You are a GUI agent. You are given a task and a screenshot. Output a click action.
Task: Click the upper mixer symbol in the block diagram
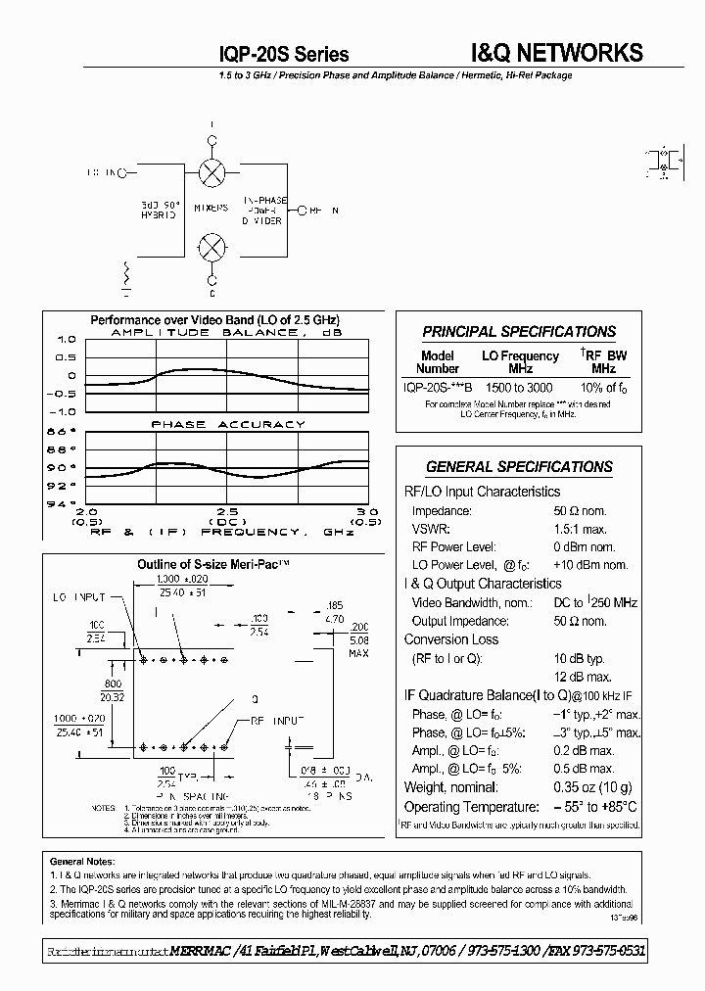point(211,173)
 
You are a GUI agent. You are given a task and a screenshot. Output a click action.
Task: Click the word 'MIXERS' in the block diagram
point(211,208)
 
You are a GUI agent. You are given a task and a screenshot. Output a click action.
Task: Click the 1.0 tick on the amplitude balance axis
point(65,340)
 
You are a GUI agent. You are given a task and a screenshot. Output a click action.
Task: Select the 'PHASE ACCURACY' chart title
point(227,424)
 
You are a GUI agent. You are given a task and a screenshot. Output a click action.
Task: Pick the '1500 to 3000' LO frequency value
point(519,388)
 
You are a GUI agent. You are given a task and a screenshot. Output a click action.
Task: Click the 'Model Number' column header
point(438,362)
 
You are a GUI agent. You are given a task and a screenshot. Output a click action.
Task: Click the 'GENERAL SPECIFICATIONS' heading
point(519,467)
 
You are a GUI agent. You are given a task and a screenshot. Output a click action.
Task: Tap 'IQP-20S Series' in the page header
point(285,55)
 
